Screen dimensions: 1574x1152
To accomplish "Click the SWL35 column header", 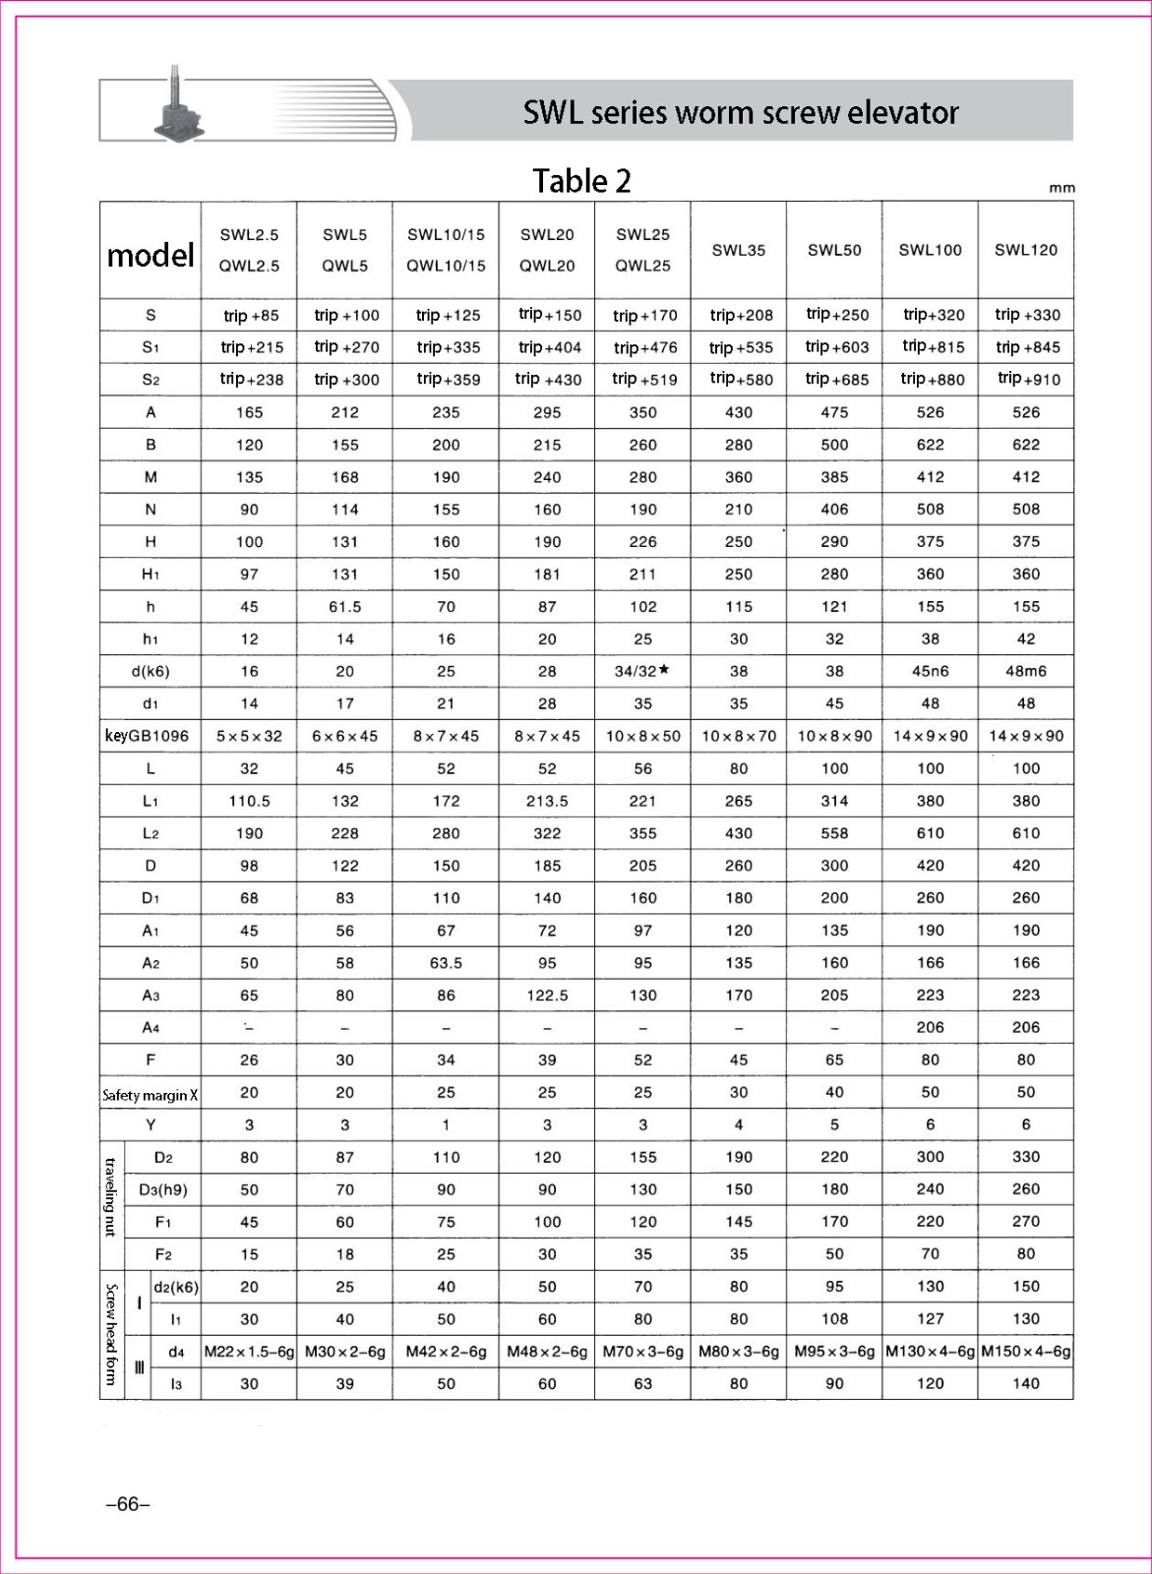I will (738, 250).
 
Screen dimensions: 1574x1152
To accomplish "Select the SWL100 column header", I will (930, 250).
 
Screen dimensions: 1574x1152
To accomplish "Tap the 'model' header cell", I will (151, 256).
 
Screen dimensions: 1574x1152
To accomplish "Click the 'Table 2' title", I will (581, 181).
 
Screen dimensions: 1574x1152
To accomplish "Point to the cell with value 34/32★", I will (642, 671).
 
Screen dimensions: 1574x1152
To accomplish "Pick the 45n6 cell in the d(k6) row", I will (930, 671).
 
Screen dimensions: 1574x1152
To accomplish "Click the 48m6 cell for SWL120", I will (1025, 671).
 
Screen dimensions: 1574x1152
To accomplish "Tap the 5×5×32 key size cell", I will (249, 736).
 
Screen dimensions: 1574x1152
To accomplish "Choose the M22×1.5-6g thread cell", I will (249, 1352).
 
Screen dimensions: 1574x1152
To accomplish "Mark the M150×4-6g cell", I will (1025, 1352).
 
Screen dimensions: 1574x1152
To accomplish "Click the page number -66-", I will (128, 1504).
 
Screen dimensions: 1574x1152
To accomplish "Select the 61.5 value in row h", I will (344, 607).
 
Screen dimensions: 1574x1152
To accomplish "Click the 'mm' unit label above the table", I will (1061, 188).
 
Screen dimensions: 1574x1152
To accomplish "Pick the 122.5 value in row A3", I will (547, 996).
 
